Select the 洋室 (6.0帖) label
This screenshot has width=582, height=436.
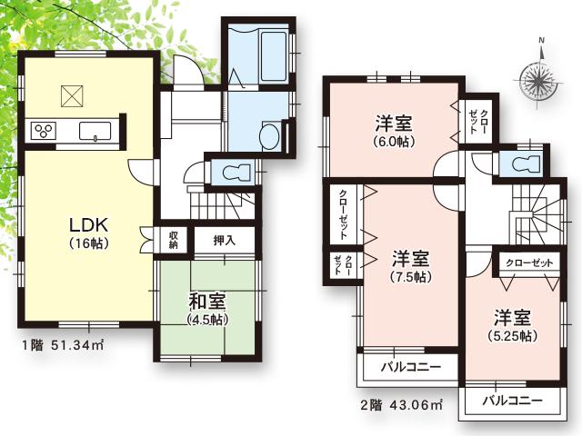394,131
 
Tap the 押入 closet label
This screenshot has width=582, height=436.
225,240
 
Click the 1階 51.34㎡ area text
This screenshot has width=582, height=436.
63,345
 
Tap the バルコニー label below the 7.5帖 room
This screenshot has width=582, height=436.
410,368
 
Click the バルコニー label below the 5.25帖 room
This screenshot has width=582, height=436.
512,400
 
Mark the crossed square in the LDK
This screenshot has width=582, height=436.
72,94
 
